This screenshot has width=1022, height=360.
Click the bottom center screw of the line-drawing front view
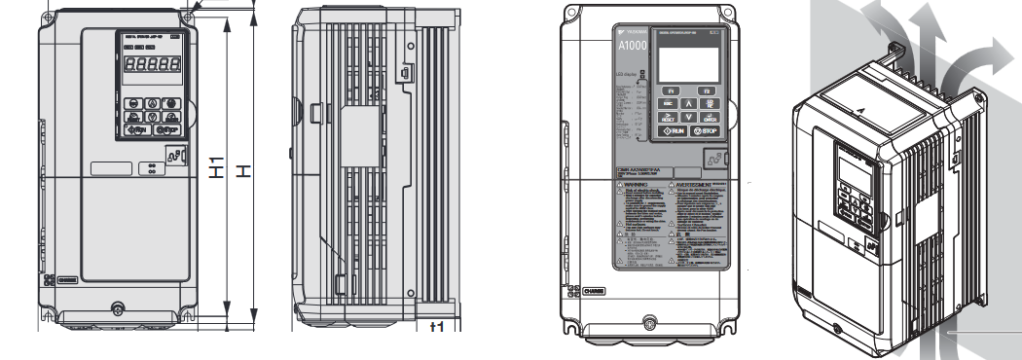coord(118,310)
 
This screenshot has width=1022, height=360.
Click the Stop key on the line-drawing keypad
coord(168,127)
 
